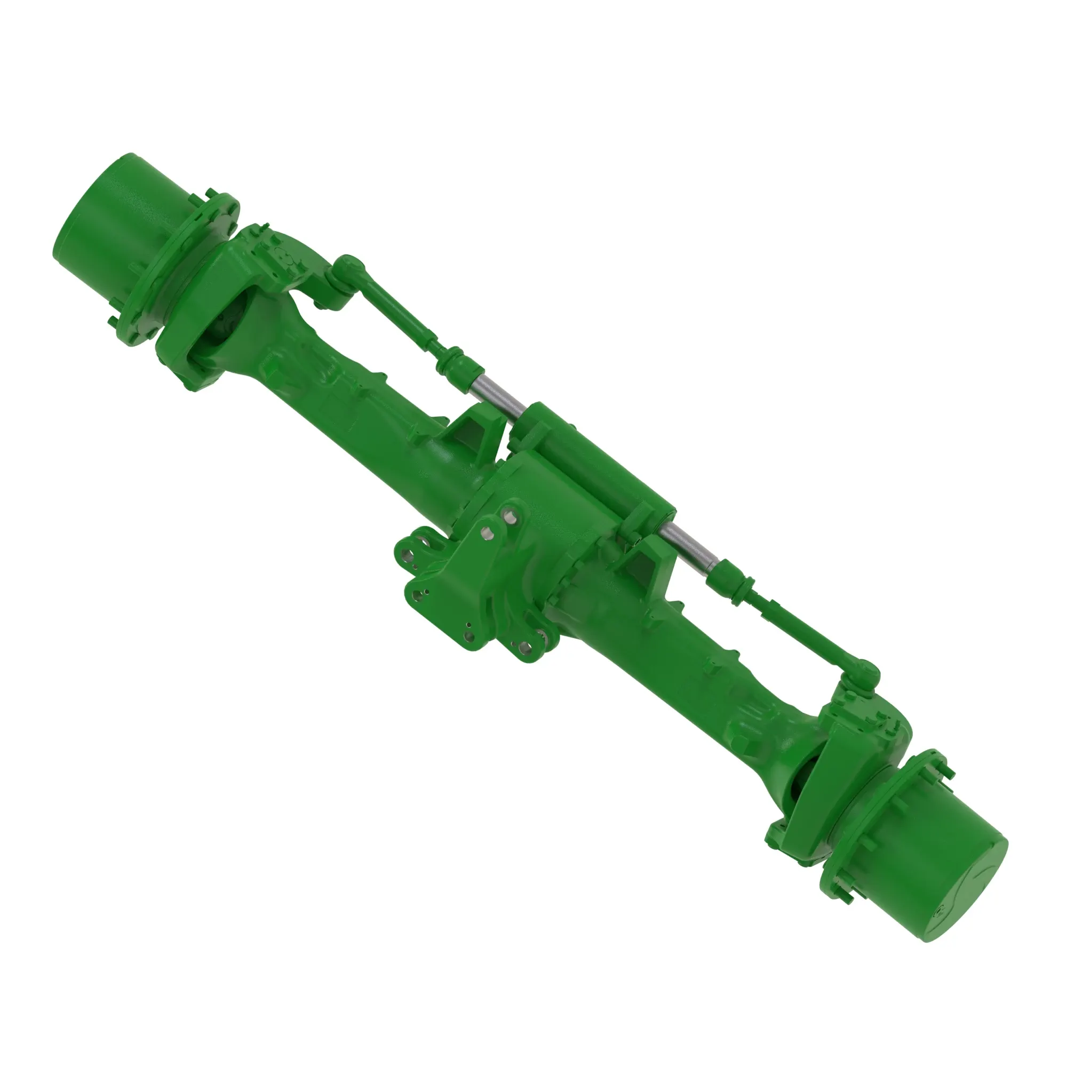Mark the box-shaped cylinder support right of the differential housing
655,563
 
